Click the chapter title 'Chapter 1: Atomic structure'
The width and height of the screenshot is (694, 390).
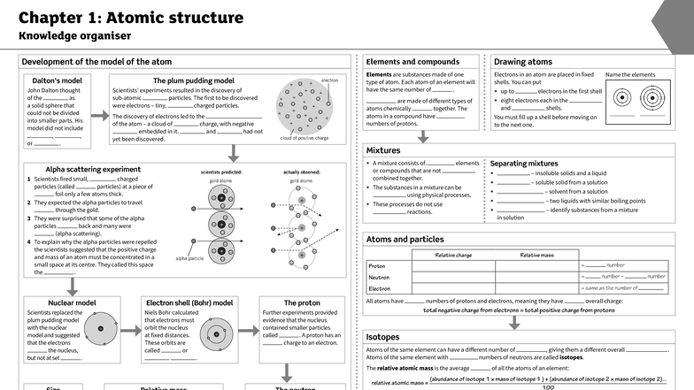coord(131,18)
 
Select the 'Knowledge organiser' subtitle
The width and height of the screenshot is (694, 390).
coord(75,36)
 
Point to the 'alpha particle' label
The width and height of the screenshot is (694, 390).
coord(189,258)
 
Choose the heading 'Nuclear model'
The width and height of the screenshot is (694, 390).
coord(73,302)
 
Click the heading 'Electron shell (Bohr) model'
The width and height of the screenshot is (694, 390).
coord(189,302)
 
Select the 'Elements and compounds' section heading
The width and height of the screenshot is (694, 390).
coord(413,62)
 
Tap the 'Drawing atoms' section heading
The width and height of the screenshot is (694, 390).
coord(523,62)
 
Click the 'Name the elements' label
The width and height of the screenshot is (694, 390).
coord(630,75)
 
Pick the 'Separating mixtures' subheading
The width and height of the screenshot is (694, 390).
coord(524,164)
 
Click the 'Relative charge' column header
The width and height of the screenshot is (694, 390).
coord(453,255)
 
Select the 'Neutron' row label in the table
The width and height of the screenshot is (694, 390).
coord(379,277)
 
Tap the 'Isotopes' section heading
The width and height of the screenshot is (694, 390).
coord(383,337)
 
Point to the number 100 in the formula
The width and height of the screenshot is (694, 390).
coord(548,386)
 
